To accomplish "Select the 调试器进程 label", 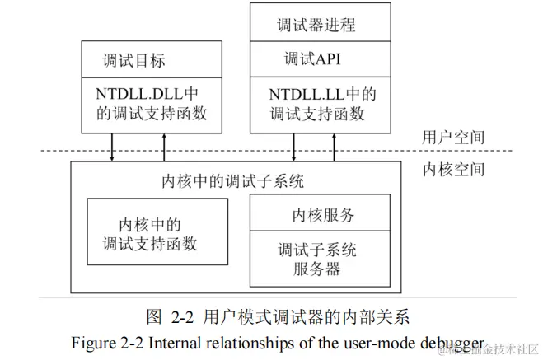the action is coord(316,25).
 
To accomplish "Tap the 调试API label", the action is coord(312,59).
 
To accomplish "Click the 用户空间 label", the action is coord(452,137).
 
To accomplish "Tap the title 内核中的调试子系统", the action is coord(236,181).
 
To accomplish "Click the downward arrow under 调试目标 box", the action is coord(113,147).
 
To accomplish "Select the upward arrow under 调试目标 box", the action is coord(166,147).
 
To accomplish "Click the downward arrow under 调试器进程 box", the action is coord(293,147).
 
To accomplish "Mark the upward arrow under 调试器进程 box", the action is coord(335,147).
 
